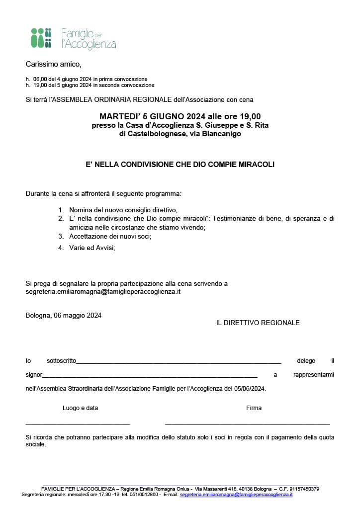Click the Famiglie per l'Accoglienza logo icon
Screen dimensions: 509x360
click(41, 38)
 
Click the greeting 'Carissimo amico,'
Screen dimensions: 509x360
click(53, 64)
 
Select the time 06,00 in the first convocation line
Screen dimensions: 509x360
click(40, 79)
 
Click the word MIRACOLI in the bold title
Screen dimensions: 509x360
click(254, 164)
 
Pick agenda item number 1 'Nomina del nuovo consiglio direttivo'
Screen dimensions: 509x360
click(123, 210)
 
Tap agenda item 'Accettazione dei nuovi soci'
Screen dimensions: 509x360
click(110, 236)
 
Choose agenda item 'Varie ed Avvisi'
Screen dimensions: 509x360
click(92, 247)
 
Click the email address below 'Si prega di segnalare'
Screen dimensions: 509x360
click(103, 292)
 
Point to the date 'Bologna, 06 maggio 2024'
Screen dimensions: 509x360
click(64, 315)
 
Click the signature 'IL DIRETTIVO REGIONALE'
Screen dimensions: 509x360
click(258, 323)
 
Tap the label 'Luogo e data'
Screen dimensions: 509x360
click(80, 408)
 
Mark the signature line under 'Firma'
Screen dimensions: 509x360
click(247, 424)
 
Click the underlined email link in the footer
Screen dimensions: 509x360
click(236, 495)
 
